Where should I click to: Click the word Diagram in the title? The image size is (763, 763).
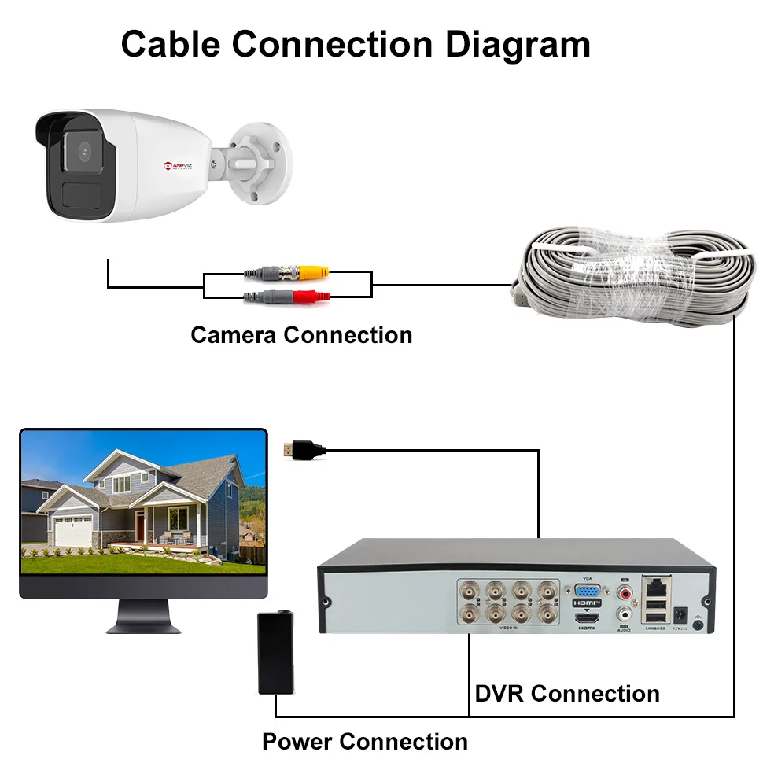[x=518, y=45]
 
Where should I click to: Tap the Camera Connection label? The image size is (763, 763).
[x=301, y=335]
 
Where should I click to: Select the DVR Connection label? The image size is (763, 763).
[x=567, y=694]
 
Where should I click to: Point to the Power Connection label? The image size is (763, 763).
[x=364, y=742]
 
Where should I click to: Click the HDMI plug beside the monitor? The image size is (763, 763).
[x=304, y=451]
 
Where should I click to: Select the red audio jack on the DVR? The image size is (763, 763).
[x=625, y=591]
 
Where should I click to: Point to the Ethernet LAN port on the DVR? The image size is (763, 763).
[x=655, y=586]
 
